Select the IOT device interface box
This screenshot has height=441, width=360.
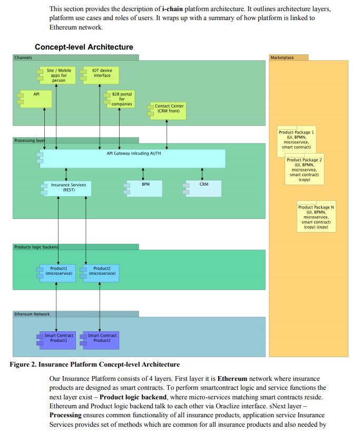pyautogui.click(x=100, y=75)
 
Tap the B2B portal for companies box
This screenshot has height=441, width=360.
pyautogui.click(x=119, y=99)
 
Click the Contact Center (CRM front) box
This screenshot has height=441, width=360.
pyautogui.click(x=167, y=111)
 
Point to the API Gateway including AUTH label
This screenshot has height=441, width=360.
pyautogui.click(x=134, y=154)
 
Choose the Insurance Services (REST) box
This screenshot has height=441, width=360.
pyautogui.click(x=66, y=188)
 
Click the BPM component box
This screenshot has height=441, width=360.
pyautogui.click(x=143, y=188)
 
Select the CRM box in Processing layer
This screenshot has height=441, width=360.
pyautogui.click(x=202, y=188)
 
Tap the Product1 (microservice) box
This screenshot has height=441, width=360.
pyautogui.click(x=56, y=273)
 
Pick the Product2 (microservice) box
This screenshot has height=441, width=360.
pyautogui.click(x=100, y=273)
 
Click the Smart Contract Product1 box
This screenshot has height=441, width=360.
pyautogui.click(x=56, y=340)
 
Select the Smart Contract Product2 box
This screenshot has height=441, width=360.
pyautogui.click(x=100, y=340)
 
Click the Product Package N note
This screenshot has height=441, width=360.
pyautogui.click(x=316, y=217)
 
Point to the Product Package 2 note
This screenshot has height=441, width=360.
pyautogui.click(x=304, y=169)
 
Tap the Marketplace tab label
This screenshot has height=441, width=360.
pyautogui.click(x=282, y=57)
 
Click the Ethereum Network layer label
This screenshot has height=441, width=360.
pyautogui.click(x=32, y=314)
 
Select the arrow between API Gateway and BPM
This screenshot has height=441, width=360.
pyautogui.click(x=143, y=174)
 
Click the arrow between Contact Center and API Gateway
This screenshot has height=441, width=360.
pyautogui.click(x=167, y=135)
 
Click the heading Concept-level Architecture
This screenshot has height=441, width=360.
pyautogui.click(x=84, y=47)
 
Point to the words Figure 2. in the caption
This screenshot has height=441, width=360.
pyautogui.click(x=23, y=365)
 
